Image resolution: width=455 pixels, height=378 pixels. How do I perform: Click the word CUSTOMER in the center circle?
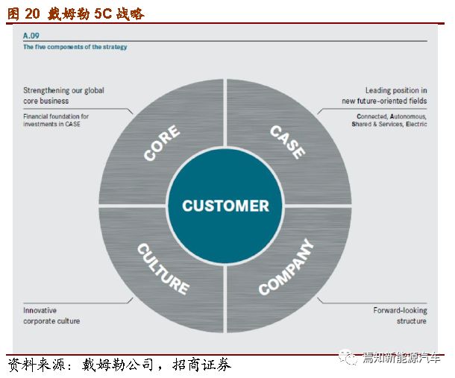click(225, 206)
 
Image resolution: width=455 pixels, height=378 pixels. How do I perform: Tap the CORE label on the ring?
click(162, 142)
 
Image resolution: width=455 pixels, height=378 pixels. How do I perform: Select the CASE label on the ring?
click(287, 142)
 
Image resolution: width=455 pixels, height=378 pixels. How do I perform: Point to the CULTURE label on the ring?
click(163, 268)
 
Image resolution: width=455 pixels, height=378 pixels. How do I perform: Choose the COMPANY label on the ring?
click(286, 267)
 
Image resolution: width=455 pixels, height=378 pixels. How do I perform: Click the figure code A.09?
click(31, 36)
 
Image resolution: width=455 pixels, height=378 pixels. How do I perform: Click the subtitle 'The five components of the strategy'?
click(75, 47)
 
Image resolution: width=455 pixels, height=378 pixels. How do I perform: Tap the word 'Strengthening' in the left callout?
click(46, 90)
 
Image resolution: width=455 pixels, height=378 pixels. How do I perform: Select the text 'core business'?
click(45, 101)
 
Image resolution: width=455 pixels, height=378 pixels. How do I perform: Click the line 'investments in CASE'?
click(51, 124)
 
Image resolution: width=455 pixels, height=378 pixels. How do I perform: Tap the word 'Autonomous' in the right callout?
click(408, 116)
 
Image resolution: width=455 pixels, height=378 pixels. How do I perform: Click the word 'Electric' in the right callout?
click(416, 124)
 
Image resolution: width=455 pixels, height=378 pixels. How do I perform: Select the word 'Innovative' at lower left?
click(40, 310)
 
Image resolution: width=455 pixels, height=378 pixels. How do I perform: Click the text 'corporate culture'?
click(51, 321)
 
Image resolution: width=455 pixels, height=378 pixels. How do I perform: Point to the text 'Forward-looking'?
click(400, 311)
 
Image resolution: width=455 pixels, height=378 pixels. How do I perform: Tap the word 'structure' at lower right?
click(412, 321)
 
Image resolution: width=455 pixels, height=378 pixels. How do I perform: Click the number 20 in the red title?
click(32, 13)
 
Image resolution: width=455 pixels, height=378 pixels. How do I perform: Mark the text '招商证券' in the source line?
click(201, 365)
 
